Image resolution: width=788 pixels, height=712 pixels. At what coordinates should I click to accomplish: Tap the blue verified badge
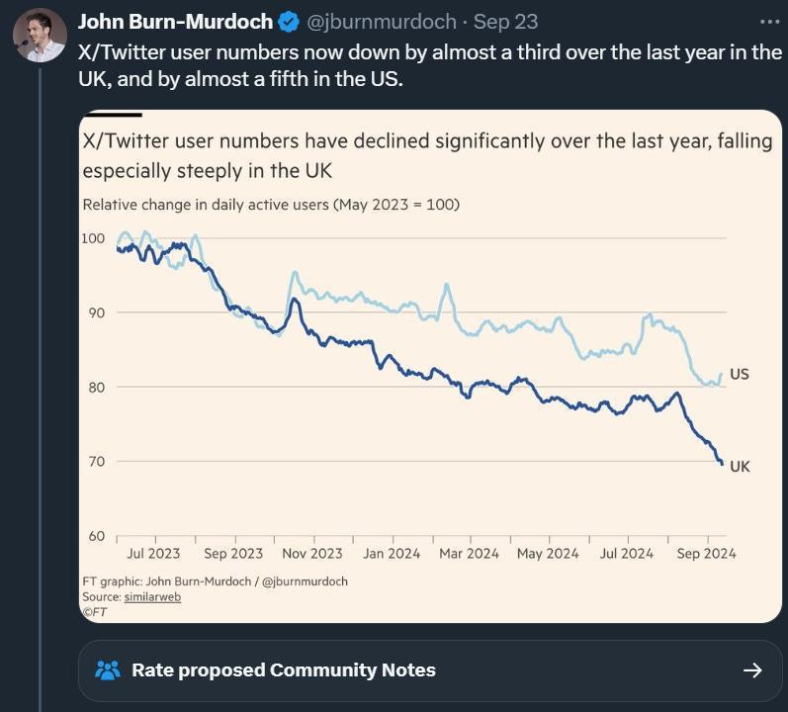pos(289,21)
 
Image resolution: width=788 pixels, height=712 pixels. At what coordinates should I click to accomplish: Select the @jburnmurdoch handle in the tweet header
pos(382,21)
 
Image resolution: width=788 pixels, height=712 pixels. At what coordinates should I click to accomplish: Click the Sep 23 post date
pos(505,21)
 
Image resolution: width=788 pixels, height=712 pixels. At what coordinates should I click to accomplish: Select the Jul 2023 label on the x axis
pos(153,554)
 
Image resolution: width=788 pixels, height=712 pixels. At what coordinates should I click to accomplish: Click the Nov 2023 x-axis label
pos(311,554)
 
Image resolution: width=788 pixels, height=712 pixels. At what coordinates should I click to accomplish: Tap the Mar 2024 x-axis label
pos(469,554)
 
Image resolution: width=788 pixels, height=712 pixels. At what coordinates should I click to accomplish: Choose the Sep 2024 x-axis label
pos(704,554)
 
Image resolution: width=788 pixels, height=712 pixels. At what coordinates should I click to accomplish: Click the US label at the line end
pos(739,375)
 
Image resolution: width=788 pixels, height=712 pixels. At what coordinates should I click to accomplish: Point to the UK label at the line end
pos(740,466)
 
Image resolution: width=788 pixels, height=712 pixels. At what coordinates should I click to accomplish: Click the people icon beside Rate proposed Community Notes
pos(107,670)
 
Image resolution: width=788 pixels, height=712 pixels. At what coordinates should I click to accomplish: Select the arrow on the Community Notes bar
pos(752,670)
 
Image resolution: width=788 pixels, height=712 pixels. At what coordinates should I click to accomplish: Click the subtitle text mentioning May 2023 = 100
pos(271,205)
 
